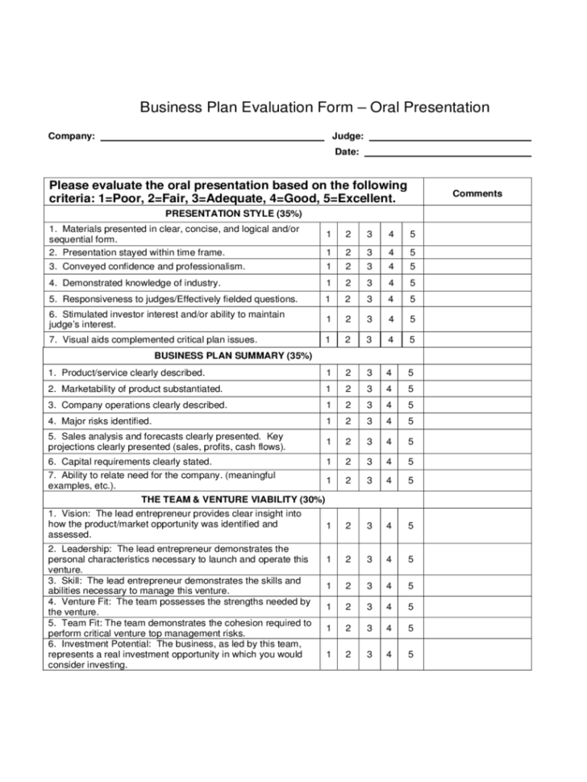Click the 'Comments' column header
[477, 193]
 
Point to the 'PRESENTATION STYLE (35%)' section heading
[233, 214]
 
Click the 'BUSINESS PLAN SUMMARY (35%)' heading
[233, 356]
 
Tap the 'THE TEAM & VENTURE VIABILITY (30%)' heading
[233, 499]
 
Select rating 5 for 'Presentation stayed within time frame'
[411, 252]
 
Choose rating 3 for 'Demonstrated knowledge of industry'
[369, 283]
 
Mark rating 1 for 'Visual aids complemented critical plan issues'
[328, 339]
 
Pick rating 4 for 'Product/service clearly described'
[389, 372]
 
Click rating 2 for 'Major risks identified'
[348, 421]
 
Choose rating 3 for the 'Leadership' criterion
[369, 559]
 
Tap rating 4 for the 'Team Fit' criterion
[389, 628]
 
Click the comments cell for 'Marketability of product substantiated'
[477, 389]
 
